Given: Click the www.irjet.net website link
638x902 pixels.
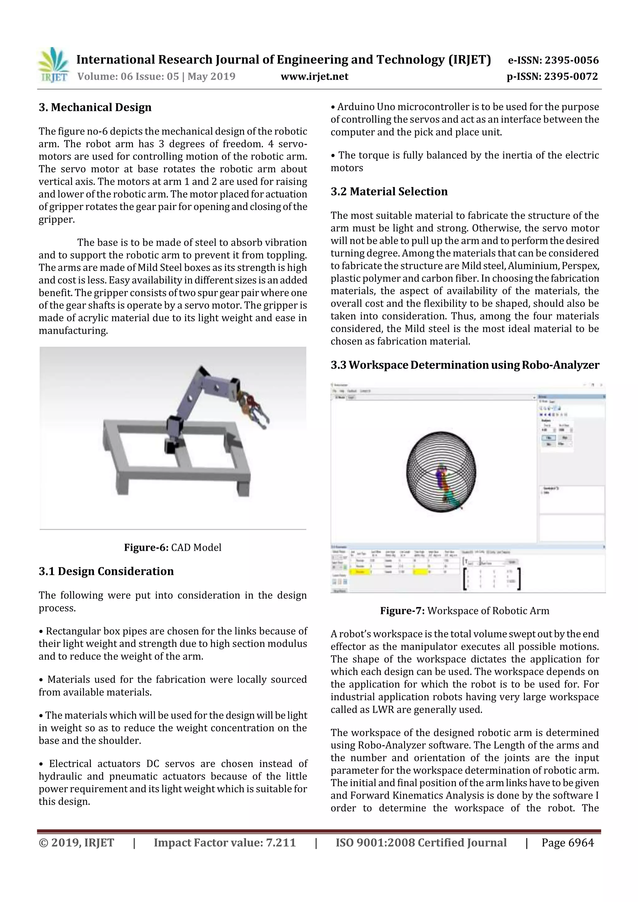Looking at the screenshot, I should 314,77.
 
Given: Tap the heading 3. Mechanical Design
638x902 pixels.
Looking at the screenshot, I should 95,107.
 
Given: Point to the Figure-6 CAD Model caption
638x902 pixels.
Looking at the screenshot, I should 173,547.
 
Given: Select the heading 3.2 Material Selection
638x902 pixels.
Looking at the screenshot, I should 389,192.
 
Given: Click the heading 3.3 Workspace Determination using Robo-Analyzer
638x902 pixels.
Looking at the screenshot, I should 465,365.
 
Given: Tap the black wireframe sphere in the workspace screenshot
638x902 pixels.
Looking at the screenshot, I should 441,471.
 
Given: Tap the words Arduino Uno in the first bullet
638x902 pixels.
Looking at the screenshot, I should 362,107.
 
